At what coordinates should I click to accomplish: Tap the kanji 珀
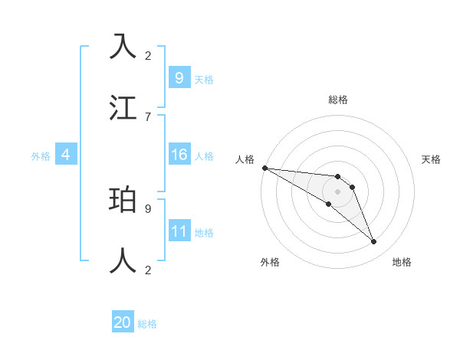pyautogui.click(x=123, y=200)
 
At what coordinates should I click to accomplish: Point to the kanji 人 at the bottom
pyautogui.click(x=123, y=261)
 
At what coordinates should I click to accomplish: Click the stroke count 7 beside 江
pyautogui.click(x=148, y=116)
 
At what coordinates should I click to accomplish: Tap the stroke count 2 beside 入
pyautogui.click(x=148, y=55)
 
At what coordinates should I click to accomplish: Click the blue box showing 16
pyautogui.click(x=179, y=155)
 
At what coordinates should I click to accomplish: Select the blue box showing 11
pyautogui.click(x=179, y=231)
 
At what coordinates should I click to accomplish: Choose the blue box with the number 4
pyautogui.click(x=66, y=155)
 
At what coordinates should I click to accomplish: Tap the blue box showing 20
pyautogui.click(x=123, y=323)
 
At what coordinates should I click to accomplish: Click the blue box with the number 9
pyautogui.click(x=179, y=78)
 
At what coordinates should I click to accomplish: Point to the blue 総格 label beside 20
pyautogui.click(x=147, y=324)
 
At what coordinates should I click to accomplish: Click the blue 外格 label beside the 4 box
pyautogui.click(x=41, y=156)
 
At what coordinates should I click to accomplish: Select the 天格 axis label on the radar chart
pyautogui.click(x=432, y=159)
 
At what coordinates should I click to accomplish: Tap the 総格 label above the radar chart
pyautogui.click(x=338, y=100)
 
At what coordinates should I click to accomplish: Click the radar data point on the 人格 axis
pyautogui.click(x=264, y=167)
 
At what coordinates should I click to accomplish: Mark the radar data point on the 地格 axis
pyautogui.click(x=374, y=242)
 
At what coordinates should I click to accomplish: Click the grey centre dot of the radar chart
pyautogui.click(x=338, y=191)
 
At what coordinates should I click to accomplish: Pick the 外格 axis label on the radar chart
pyautogui.click(x=270, y=262)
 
